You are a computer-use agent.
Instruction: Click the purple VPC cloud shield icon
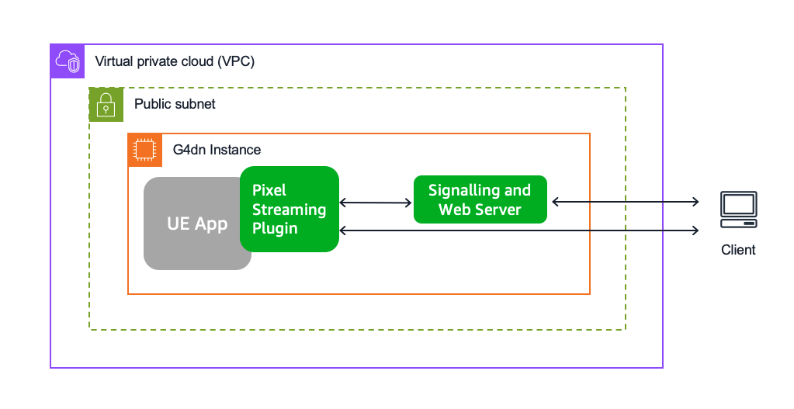[x=68, y=61]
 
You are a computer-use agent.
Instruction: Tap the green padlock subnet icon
[x=106, y=105]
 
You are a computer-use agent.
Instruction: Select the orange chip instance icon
[x=145, y=150]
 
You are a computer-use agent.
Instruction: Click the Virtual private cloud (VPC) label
[x=175, y=62]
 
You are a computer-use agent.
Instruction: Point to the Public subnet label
[x=175, y=104]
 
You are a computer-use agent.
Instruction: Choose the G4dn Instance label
[x=217, y=150]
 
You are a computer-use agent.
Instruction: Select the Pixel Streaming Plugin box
[x=290, y=209]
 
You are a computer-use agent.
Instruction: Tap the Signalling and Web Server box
[x=480, y=199]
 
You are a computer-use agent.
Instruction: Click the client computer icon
[x=739, y=210]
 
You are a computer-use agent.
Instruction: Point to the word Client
[x=738, y=250]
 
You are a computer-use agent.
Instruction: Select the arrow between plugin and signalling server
[x=375, y=203]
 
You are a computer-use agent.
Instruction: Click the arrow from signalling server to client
[x=626, y=202]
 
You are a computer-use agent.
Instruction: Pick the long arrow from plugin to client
[x=519, y=230]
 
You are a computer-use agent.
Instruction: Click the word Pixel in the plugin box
[x=269, y=190]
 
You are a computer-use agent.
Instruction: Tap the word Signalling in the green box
[x=464, y=191]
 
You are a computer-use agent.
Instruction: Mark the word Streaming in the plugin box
[x=290, y=210]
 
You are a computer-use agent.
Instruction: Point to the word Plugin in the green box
[x=275, y=229]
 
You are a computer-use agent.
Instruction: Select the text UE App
[x=197, y=224]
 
